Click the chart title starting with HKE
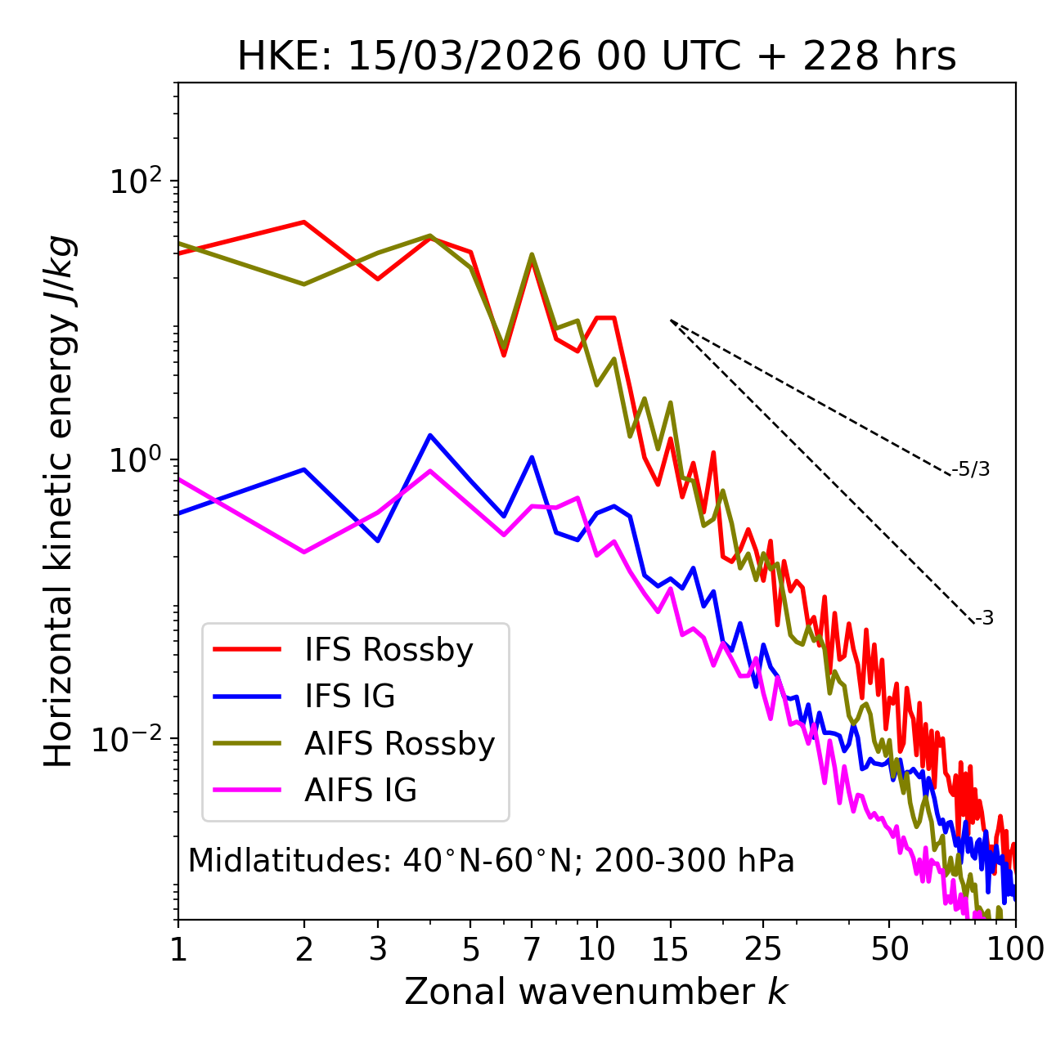coord(596,56)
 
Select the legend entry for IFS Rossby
coord(389,650)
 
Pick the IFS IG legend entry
coord(349,697)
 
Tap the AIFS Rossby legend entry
coord(399,744)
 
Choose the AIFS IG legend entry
coord(361,791)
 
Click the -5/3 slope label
coord(971,469)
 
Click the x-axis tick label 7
coord(532,949)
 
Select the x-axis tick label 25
coord(762,949)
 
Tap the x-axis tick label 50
coord(889,949)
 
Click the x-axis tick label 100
coord(1014,949)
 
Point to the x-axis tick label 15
coord(670,949)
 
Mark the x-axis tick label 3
coord(378,949)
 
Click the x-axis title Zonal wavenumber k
coord(596,992)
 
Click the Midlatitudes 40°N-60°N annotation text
coord(491,861)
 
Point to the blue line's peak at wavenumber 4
coord(430,435)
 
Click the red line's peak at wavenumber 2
coord(304,222)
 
